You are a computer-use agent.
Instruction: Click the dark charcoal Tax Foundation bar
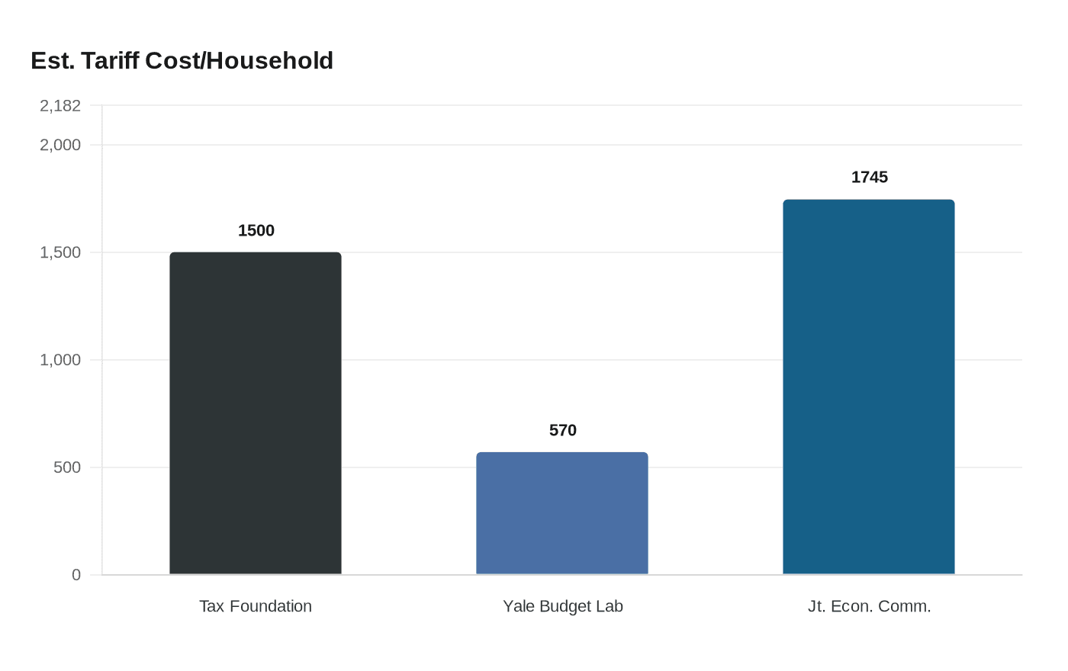pos(256,413)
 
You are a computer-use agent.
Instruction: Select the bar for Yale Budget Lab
pos(562,513)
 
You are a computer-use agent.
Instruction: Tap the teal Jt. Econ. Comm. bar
pos(869,387)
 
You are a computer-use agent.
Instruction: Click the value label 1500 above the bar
pos(256,230)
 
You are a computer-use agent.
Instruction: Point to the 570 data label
pos(563,430)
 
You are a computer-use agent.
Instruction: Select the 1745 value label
pos(870,177)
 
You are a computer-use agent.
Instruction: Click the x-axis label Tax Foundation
pos(256,606)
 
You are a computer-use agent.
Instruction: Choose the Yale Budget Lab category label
pos(563,606)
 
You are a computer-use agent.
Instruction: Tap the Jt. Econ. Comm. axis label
pos(870,606)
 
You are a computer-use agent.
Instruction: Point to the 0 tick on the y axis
pos(76,575)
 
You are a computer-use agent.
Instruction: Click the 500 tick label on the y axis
pos(67,467)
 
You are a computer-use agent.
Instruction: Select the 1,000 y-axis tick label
pos(60,360)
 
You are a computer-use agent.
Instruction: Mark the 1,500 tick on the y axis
pos(60,252)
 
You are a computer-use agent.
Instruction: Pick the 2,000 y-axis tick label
pos(60,145)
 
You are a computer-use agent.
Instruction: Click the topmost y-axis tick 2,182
pos(60,106)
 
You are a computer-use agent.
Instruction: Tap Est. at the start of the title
pos(52,60)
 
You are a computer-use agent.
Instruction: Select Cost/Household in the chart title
pos(239,60)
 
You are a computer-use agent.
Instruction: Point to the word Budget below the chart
pos(564,606)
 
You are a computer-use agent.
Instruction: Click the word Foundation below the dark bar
pos(271,606)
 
